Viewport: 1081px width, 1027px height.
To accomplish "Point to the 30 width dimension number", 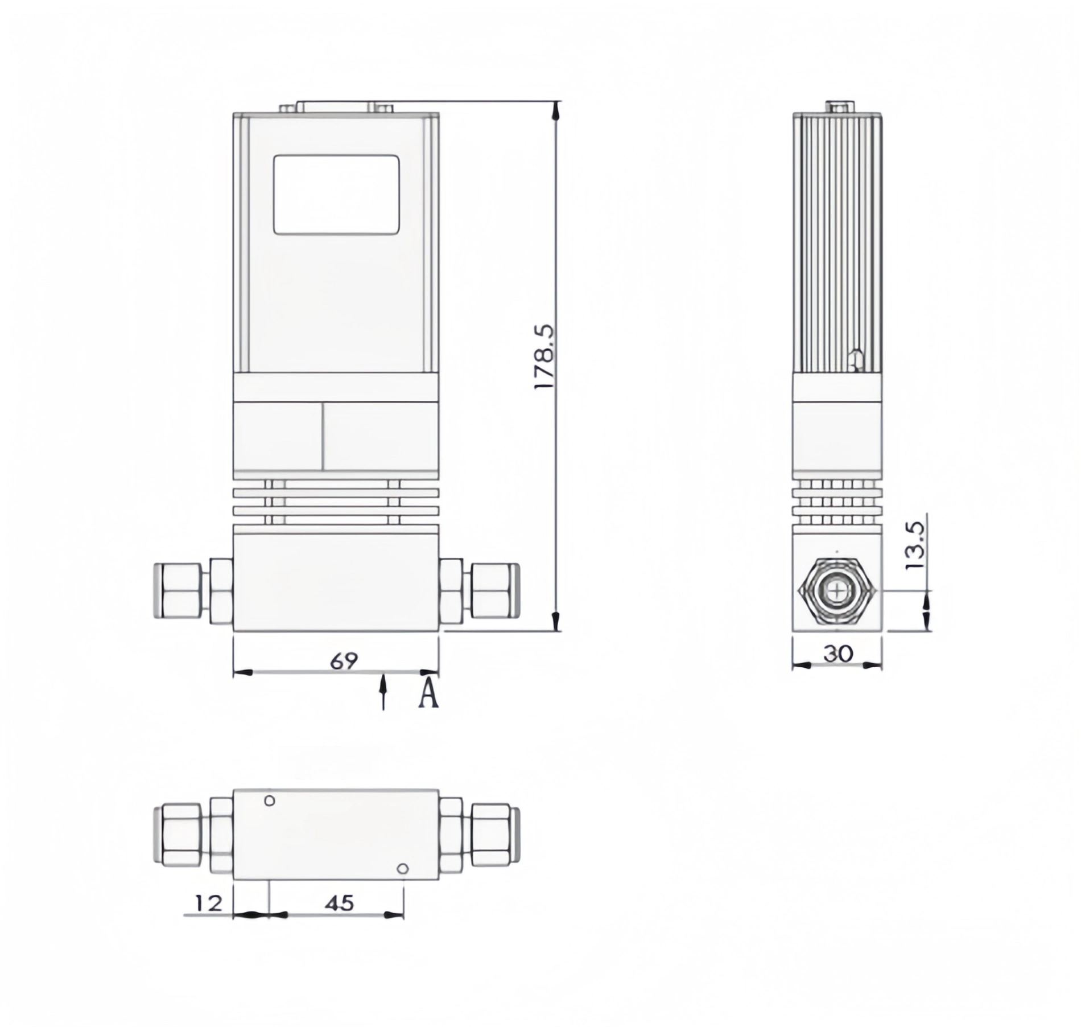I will [x=838, y=654].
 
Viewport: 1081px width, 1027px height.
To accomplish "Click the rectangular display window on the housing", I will [x=336, y=195].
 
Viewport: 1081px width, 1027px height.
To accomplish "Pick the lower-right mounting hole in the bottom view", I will [x=402, y=869].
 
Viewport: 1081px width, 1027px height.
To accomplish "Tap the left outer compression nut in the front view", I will [x=177, y=590].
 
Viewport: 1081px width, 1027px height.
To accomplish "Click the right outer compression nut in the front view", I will [x=494, y=590].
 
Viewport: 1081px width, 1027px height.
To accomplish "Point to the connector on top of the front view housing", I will [x=336, y=108].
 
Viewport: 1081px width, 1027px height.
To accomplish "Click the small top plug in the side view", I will [x=839, y=107].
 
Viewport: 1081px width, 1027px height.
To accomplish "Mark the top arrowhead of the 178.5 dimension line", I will [x=558, y=109].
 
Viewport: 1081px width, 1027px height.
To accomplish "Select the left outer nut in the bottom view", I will [x=177, y=834].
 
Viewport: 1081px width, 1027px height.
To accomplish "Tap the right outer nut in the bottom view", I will [x=494, y=834].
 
